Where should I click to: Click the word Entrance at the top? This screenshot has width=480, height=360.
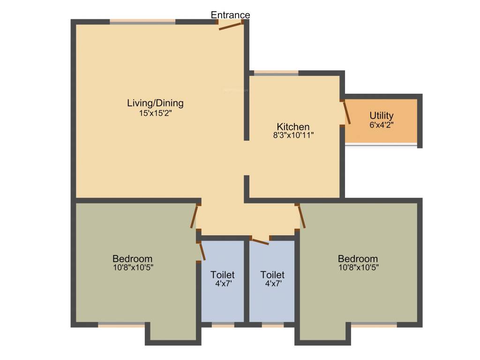coord(230,15)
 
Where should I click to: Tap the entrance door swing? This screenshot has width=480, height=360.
coord(231,25)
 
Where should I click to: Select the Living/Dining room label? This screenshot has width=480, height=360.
coord(155,103)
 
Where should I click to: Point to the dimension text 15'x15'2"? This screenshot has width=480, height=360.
coord(155,113)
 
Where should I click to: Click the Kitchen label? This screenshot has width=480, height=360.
coord(293,127)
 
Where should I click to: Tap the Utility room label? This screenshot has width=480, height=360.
coord(381,115)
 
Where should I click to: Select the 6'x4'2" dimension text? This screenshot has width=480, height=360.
coord(381,125)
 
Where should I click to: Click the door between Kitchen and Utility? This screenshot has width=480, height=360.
coord(346,113)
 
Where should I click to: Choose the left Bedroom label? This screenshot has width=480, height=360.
coord(132,259)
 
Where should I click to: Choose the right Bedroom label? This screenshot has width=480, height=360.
coord(358,259)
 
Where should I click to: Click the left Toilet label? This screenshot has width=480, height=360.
coord(222,275)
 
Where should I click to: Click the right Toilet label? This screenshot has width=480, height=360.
coord(272,275)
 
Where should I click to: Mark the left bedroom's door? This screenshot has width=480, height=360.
coord(194,217)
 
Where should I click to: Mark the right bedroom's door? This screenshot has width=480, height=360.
coord(301,217)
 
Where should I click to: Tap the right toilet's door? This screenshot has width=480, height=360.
coord(260,241)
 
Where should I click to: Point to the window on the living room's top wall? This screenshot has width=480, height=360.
coord(142,22)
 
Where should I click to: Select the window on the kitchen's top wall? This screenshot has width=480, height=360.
coord(276,73)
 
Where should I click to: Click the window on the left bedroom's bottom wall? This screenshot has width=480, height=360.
coord(121,324)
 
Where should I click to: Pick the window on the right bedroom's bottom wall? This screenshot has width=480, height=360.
coord(374,324)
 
